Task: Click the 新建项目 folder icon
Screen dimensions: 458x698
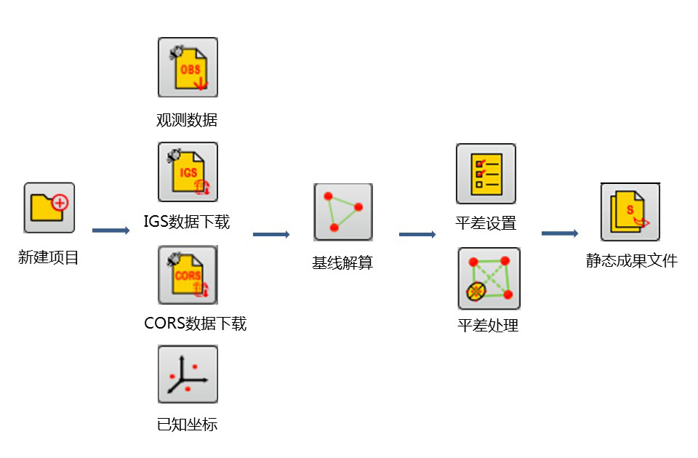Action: [49, 207]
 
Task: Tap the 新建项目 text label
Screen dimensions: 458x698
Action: [49, 257]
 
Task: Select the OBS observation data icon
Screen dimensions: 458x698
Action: [188, 68]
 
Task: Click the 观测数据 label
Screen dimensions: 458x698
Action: [187, 120]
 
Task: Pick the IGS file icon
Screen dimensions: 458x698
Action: [188, 172]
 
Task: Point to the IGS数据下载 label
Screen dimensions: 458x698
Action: [187, 222]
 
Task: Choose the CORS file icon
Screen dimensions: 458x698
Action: [188, 275]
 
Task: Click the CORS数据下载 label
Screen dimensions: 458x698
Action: [196, 324]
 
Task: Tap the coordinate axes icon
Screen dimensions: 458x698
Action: [188, 374]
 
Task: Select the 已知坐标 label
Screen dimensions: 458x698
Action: [187, 425]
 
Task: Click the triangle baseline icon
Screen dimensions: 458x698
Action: [343, 212]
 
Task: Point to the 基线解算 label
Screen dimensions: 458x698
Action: [342, 263]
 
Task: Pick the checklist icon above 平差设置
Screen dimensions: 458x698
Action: [486, 174]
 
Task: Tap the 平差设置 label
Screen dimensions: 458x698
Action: [486, 223]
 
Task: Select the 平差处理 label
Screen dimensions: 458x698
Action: [488, 326]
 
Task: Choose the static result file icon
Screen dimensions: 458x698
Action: [630, 212]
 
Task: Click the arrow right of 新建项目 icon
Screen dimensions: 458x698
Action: [111, 230]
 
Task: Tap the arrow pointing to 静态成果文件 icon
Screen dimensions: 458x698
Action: [560, 233]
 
